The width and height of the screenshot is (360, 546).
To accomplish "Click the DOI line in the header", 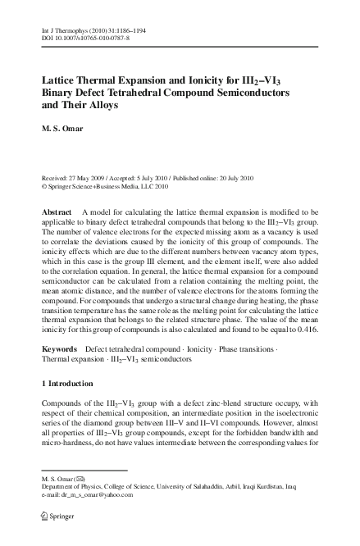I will click(x=83, y=34).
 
